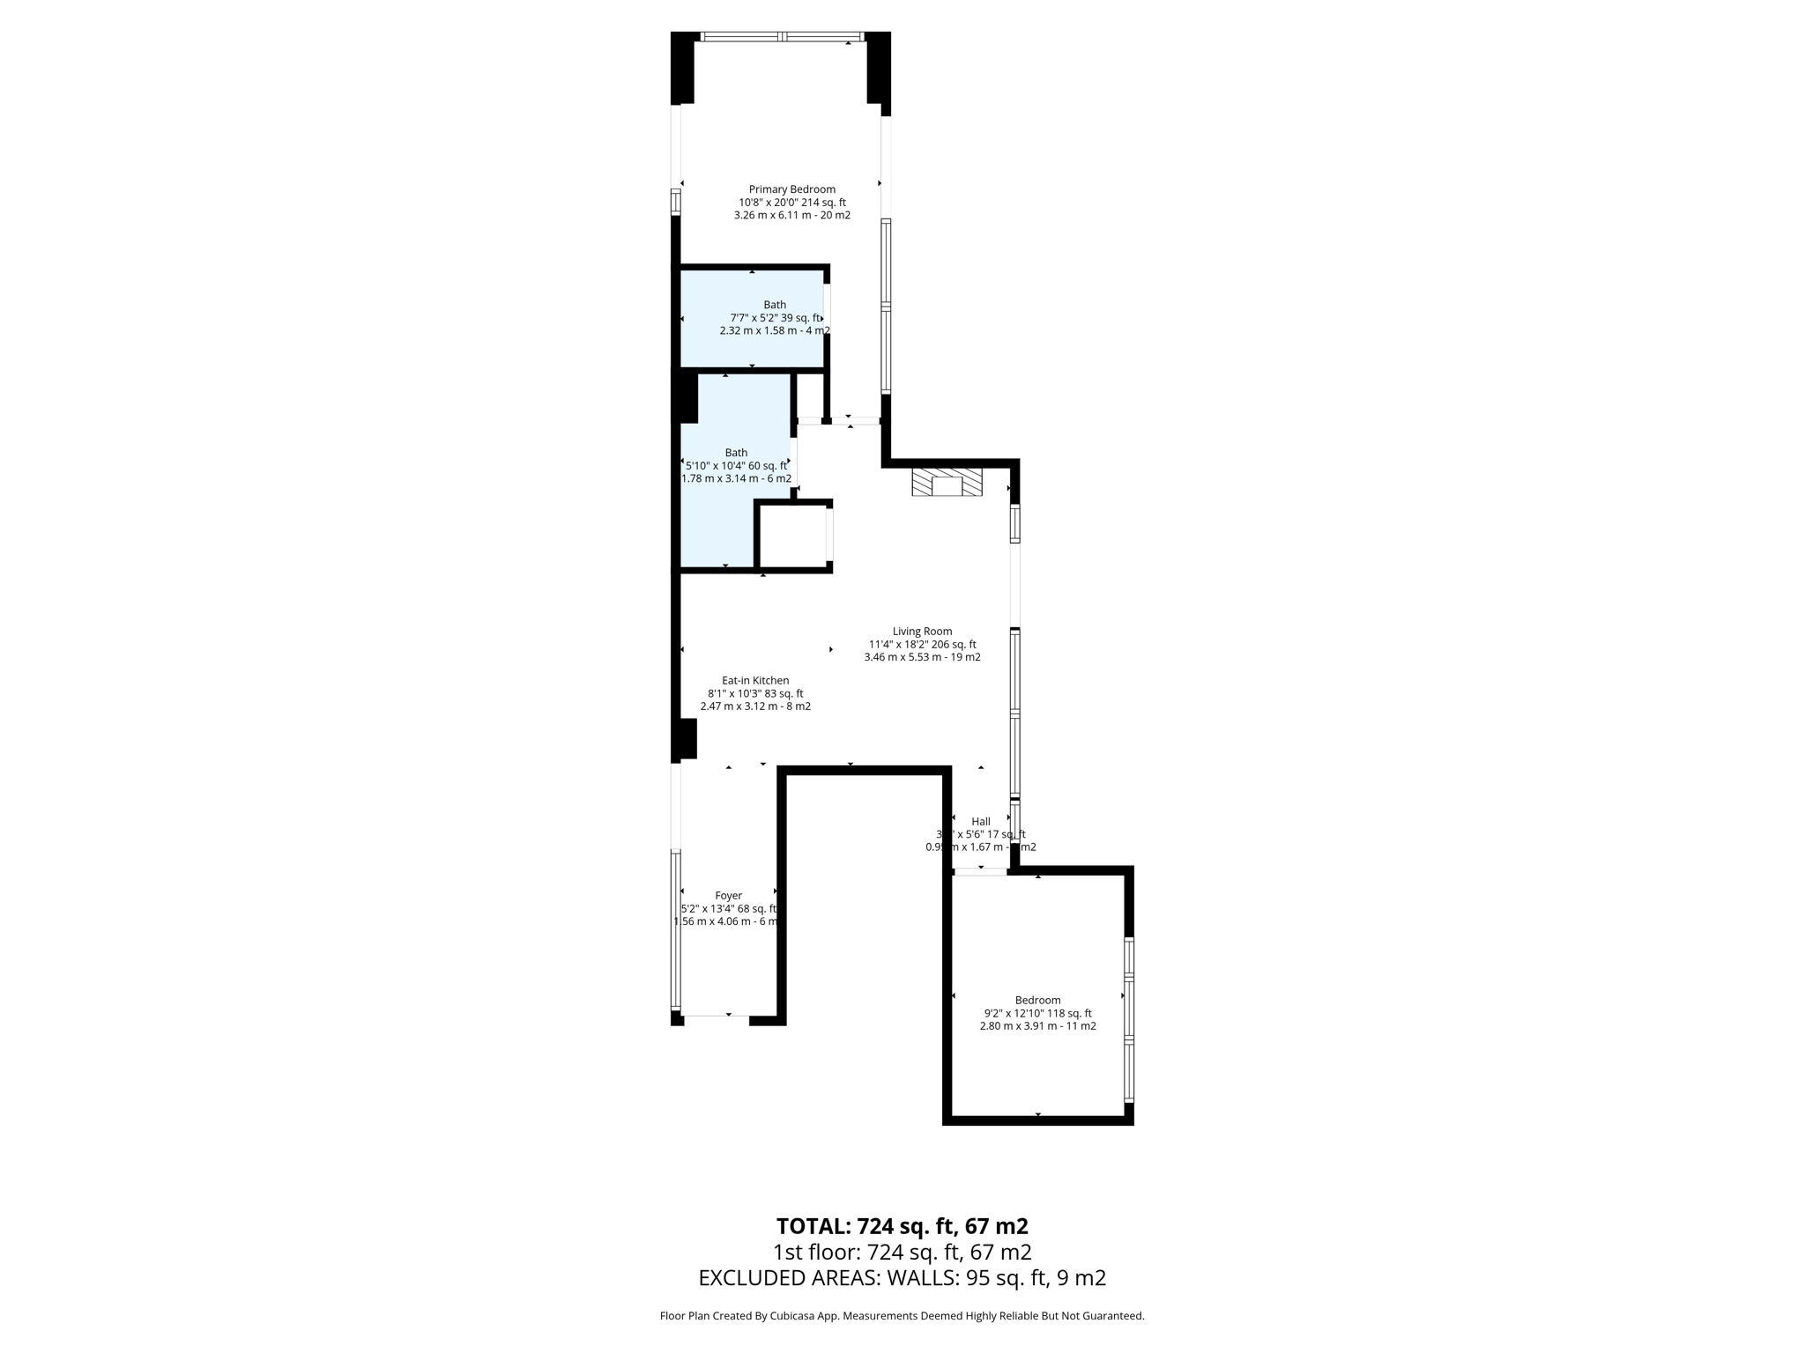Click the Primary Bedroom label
(x=791, y=189)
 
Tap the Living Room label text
(x=922, y=632)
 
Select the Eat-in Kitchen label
(x=755, y=681)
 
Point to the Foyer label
(x=728, y=896)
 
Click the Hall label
(x=980, y=822)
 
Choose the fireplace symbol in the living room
(x=947, y=483)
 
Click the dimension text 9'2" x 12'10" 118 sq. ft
(x=1037, y=1013)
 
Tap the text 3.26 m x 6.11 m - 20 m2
(x=791, y=215)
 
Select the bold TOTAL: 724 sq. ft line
(x=902, y=1226)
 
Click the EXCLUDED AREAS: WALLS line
(x=902, y=1278)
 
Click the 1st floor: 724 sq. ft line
(x=902, y=1252)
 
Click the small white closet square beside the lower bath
(x=792, y=536)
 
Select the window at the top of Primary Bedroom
(x=781, y=37)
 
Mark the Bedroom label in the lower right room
(x=1037, y=1000)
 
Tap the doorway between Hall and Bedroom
(x=980, y=872)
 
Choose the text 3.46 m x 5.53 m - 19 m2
(x=922, y=657)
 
